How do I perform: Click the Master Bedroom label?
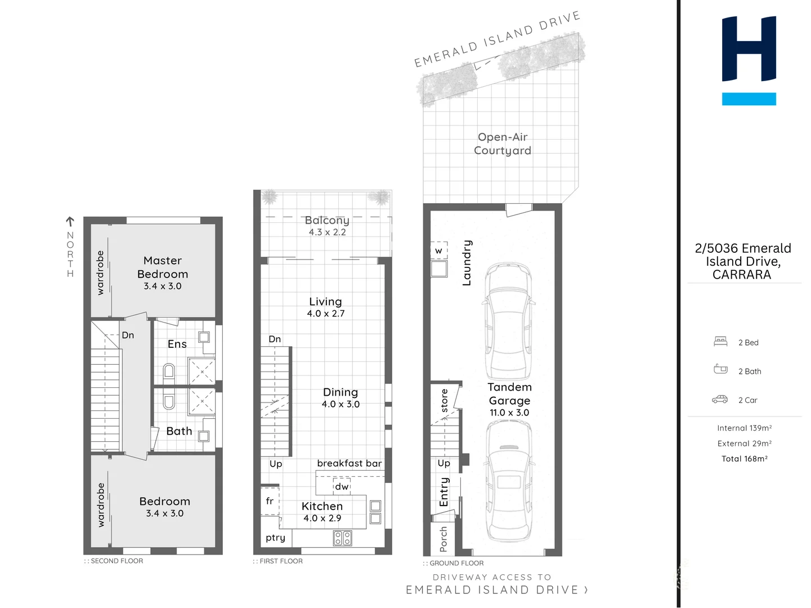pyautogui.click(x=163, y=267)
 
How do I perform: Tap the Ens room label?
pyautogui.click(x=177, y=344)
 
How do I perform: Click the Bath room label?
pyautogui.click(x=179, y=431)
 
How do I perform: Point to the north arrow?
pyautogui.click(x=70, y=221)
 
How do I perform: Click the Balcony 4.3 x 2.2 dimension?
pyautogui.click(x=328, y=232)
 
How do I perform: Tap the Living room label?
pyautogui.click(x=325, y=302)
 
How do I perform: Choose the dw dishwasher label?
pyautogui.click(x=342, y=486)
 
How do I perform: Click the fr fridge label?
pyautogui.click(x=270, y=501)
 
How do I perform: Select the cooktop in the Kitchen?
pyautogui.click(x=343, y=538)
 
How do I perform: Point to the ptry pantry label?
pyautogui.click(x=275, y=538)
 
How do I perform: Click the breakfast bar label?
pyautogui.click(x=349, y=463)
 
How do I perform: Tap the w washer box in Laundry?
pyautogui.click(x=439, y=251)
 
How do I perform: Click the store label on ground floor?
pyautogui.click(x=444, y=400)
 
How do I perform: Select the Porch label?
pyautogui.click(x=443, y=539)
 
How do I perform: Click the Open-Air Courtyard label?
pyautogui.click(x=503, y=144)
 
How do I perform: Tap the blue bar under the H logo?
pyautogui.click(x=749, y=99)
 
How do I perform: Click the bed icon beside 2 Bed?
pyautogui.click(x=720, y=341)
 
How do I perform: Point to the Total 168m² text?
pyautogui.click(x=745, y=459)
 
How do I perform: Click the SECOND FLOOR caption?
pyautogui.click(x=114, y=561)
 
